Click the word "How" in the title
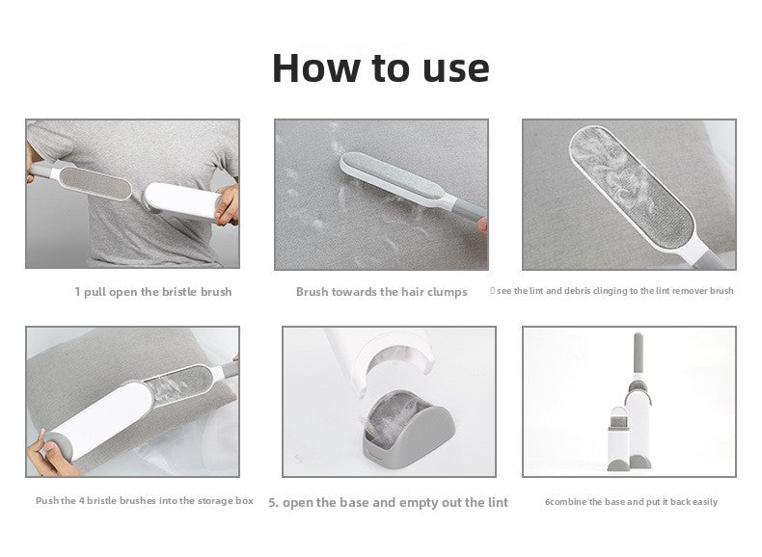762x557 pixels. pyautogui.click(x=314, y=68)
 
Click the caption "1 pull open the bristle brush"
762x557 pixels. pyautogui.click(x=153, y=292)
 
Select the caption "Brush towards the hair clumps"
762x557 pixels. pyautogui.click(x=382, y=292)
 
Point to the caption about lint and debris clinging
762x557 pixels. pyautogui.click(x=612, y=291)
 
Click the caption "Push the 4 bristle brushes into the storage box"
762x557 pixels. pyautogui.click(x=145, y=501)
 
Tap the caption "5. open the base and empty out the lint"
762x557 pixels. pyautogui.click(x=388, y=503)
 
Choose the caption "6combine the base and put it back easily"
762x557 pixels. pyautogui.click(x=631, y=502)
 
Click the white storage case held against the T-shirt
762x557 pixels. pyautogui.click(x=181, y=200)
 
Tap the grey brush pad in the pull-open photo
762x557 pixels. pyautogui.click(x=95, y=182)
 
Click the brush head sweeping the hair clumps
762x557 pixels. pyautogui.click(x=392, y=175)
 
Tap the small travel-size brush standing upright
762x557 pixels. pyautogui.click(x=617, y=439)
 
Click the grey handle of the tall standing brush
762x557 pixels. pyautogui.click(x=639, y=353)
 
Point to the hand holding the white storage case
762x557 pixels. pyautogui.click(x=227, y=205)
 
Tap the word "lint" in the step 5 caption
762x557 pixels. pyautogui.click(x=497, y=502)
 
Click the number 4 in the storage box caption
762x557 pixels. pyautogui.click(x=82, y=501)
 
